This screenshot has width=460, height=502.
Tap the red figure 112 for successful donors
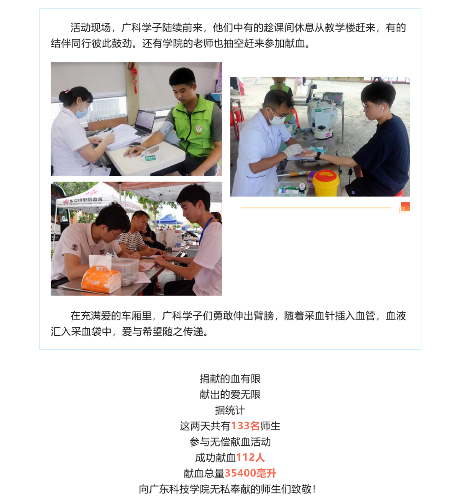click(245, 457)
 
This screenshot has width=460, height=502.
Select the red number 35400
click(240, 473)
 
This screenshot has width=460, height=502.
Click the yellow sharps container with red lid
click(325, 183)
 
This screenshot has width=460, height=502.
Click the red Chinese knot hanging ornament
click(135, 77)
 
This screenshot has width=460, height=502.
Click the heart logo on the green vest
click(199, 129)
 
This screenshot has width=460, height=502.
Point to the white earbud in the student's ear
click(382, 110)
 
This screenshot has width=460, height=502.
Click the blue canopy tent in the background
click(169, 219)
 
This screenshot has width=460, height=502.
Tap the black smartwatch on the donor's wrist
click(318, 156)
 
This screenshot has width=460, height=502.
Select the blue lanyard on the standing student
click(205, 231)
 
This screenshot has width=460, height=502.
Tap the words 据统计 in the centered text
click(230, 410)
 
